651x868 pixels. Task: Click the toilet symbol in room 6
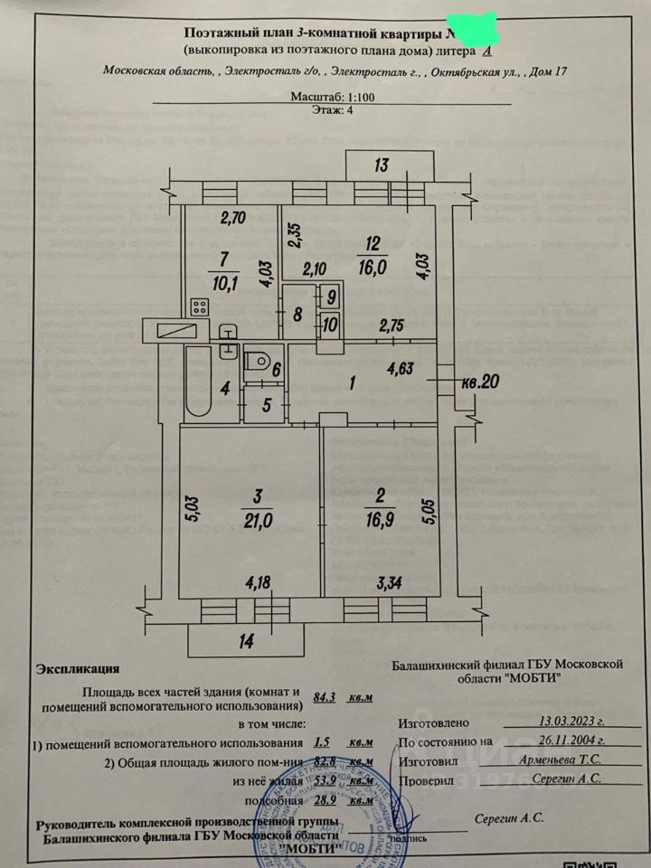pyautogui.click(x=259, y=361)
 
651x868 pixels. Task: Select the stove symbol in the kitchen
pyautogui.click(x=201, y=307)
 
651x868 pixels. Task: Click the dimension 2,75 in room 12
pyautogui.click(x=390, y=325)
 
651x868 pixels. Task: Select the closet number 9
pyautogui.click(x=330, y=296)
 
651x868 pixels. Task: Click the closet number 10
pyautogui.click(x=330, y=325)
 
